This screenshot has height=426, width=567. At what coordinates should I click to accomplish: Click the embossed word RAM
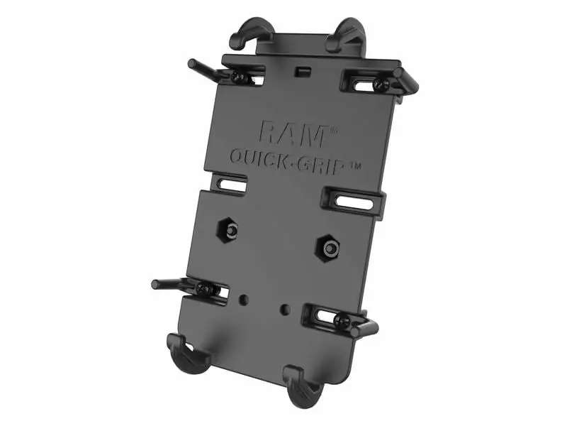coord(292,133)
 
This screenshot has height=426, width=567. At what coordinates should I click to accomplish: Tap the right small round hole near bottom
coord(284,309)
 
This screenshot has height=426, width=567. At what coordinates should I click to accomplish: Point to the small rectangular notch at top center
coord(303,70)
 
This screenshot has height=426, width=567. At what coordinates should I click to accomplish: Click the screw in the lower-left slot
coord(203,289)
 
